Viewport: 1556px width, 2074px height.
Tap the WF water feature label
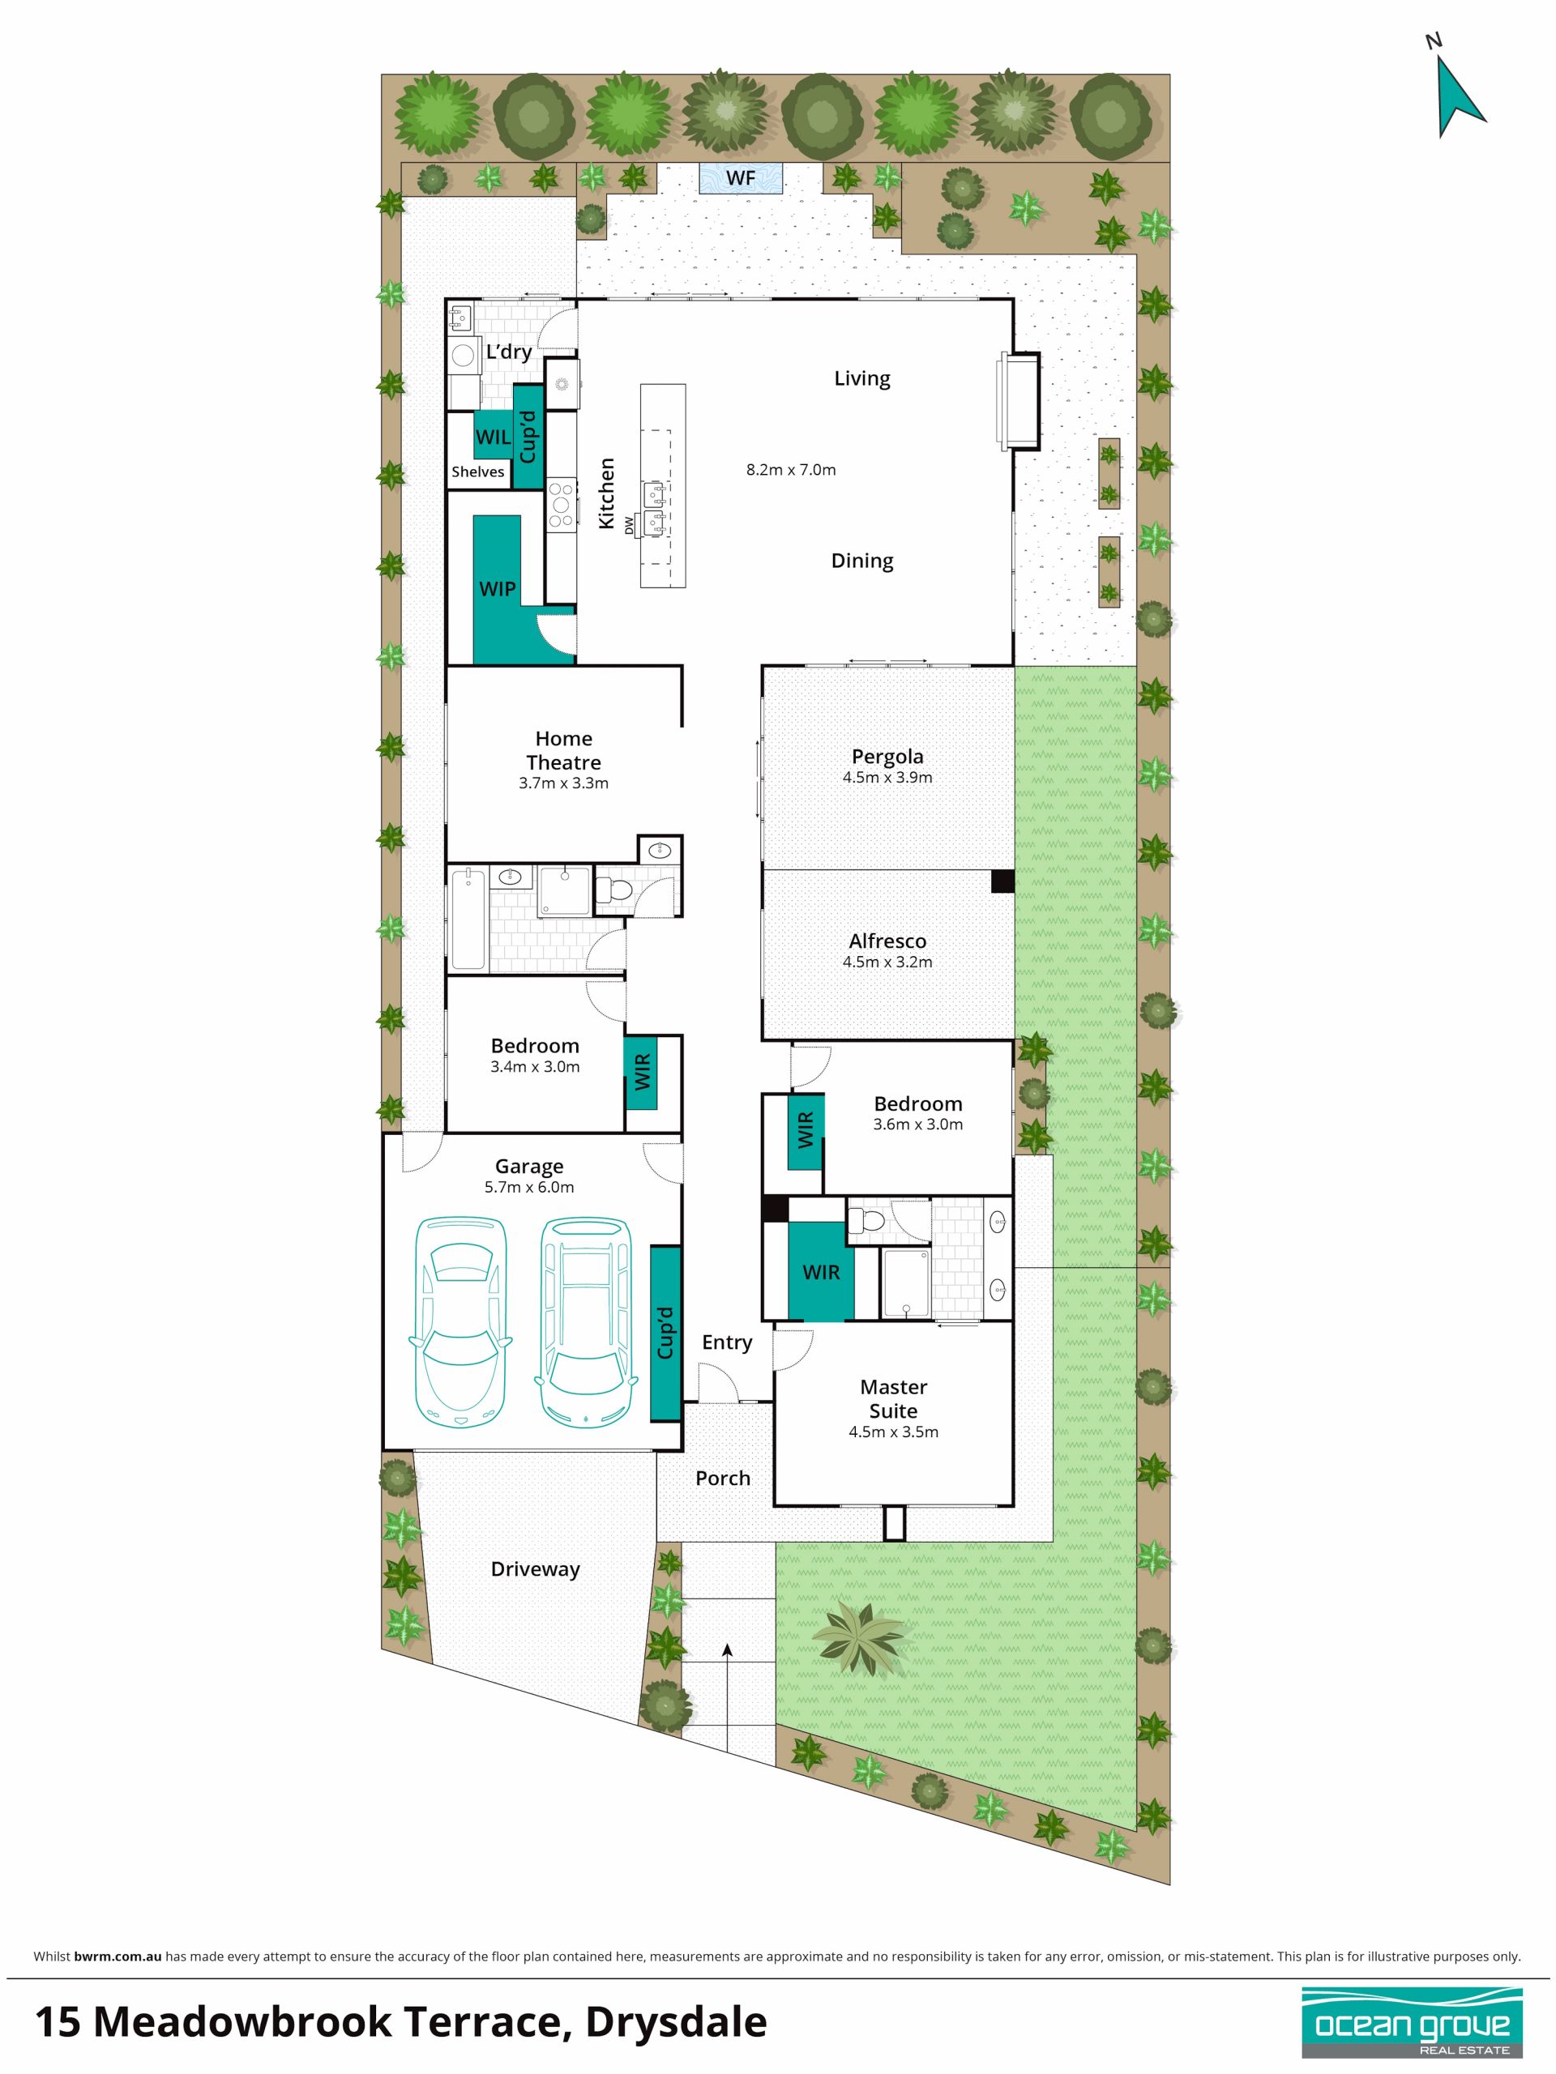(740, 177)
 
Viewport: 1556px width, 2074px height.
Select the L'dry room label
(508, 352)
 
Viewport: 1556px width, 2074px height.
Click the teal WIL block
(493, 436)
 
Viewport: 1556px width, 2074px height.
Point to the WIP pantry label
(497, 589)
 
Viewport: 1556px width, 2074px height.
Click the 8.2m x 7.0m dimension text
(791, 470)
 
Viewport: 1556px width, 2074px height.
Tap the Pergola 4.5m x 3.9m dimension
(887, 777)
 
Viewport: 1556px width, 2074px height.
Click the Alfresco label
(887, 941)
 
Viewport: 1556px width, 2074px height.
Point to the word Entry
(727, 1342)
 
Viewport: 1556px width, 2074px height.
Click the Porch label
(722, 1479)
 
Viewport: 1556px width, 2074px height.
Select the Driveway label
(536, 1569)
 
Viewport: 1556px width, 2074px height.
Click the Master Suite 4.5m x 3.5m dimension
(893, 1432)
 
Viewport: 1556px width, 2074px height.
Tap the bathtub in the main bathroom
(468, 919)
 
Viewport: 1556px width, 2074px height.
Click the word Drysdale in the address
(675, 2021)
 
